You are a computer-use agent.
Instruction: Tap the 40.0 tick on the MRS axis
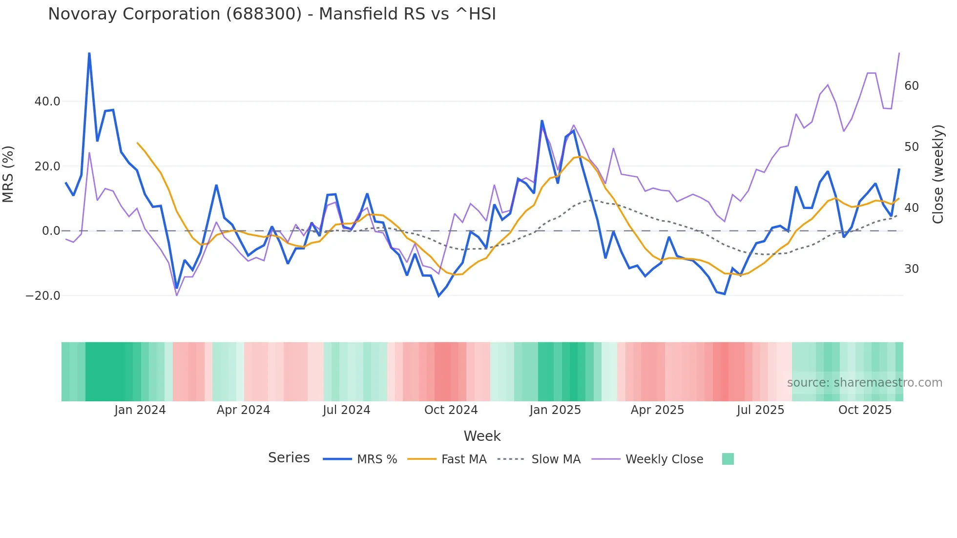pyautogui.click(x=47, y=102)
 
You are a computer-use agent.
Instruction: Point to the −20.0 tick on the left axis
pyautogui.click(x=43, y=296)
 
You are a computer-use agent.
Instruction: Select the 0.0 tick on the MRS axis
pyautogui.click(x=51, y=231)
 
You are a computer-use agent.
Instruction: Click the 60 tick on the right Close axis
pyautogui.click(x=911, y=86)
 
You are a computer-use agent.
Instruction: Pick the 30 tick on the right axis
pyautogui.click(x=911, y=269)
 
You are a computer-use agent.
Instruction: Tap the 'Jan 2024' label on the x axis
pyautogui.click(x=140, y=410)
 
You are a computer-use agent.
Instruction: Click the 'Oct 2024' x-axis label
pyautogui.click(x=451, y=410)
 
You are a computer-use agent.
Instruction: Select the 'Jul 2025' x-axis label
pyautogui.click(x=760, y=410)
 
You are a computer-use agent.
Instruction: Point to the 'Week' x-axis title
pyautogui.click(x=482, y=436)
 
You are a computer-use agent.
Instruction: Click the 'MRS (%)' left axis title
pyautogui.click(x=8, y=174)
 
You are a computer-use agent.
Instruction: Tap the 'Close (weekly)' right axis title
pyautogui.click(x=938, y=174)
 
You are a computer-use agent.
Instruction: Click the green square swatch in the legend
pyautogui.click(x=728, y=459)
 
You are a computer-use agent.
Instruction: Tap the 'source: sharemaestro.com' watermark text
pyautogui.click(x=864, y=383)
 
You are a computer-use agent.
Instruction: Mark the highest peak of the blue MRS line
pyautogui.click(x=89, y=53)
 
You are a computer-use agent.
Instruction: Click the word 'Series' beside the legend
pyautogui.click(x=289, y=458)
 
